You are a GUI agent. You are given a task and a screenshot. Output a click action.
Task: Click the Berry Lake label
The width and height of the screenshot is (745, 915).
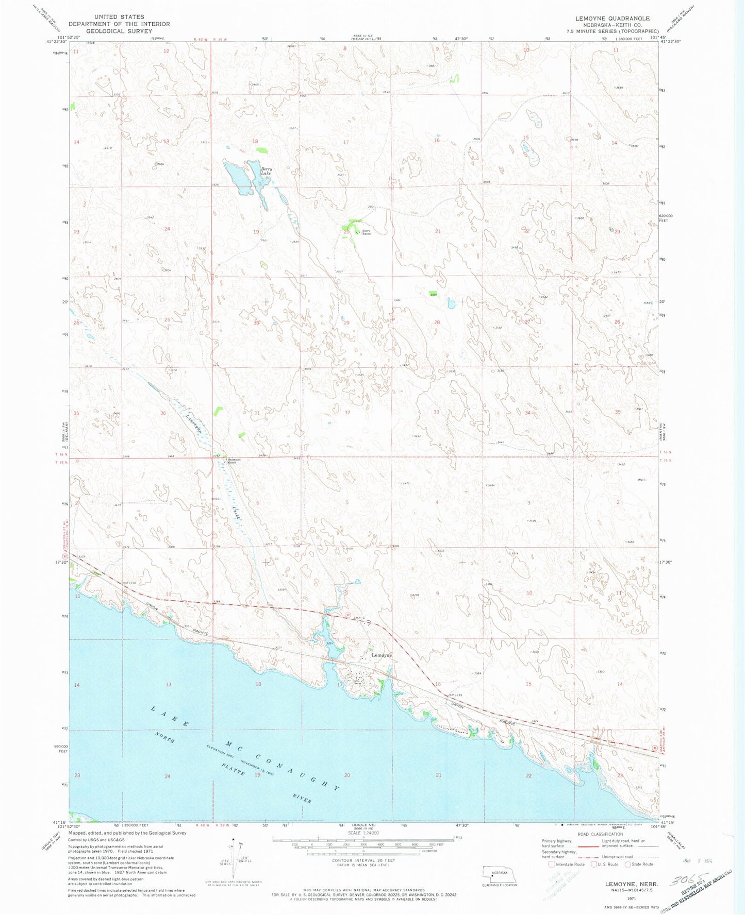[266, 171]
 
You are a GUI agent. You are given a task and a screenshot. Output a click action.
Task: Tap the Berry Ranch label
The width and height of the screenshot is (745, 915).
[366, 232]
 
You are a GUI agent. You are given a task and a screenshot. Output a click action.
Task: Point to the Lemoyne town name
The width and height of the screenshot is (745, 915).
[382, 655]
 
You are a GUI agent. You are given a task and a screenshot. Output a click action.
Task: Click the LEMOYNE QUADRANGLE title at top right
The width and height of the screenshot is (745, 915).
[612, 18]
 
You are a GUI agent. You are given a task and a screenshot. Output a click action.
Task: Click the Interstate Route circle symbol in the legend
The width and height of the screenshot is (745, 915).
[552, 864]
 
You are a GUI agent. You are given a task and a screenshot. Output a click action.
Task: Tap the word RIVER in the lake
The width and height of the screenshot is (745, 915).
[301, 798]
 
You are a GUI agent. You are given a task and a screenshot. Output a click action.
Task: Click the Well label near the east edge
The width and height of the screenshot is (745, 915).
[641, 480]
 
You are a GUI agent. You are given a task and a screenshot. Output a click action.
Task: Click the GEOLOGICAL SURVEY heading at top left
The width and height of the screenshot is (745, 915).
[119, 31]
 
